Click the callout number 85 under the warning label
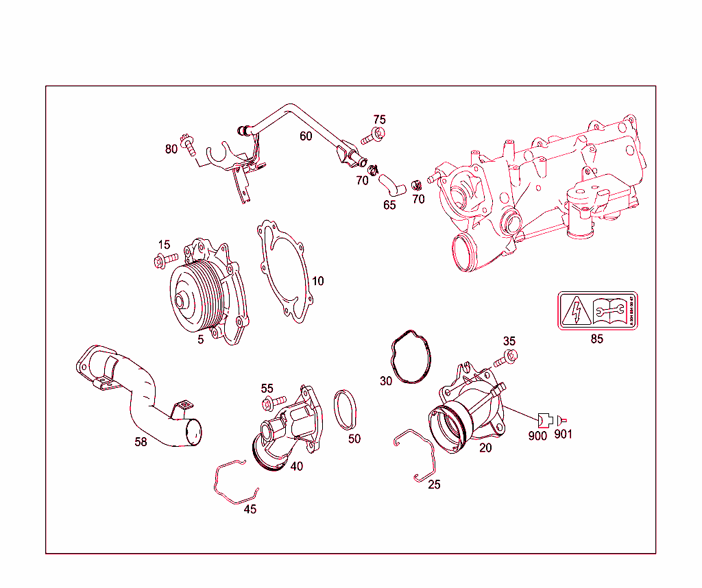[596, 339]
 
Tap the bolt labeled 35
[505, 357]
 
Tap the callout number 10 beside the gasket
[317, 281]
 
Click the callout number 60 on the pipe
[306, 136]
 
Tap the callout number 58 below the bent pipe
[141, 442]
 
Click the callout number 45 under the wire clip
[250, 509]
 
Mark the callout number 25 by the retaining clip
[434, 485]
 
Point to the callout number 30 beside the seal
[386, 381]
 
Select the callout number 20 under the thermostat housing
[485, 448]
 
